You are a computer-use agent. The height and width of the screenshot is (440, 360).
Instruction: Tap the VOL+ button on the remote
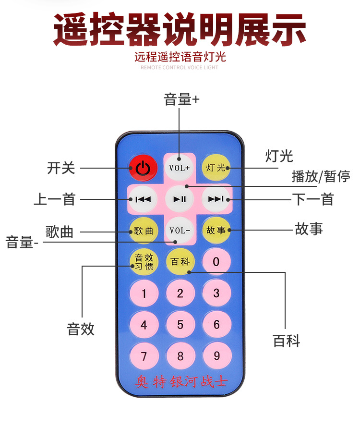[180, 167]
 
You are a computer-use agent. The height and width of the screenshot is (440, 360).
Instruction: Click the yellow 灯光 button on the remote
[216, 167]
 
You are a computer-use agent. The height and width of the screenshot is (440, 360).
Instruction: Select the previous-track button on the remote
[143, 199]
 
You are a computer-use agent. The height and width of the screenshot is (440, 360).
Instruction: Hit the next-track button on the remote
[216, 199]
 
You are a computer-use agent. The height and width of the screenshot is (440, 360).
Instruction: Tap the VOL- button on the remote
[180, 230]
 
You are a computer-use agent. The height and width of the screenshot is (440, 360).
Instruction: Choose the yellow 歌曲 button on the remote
[143, 230]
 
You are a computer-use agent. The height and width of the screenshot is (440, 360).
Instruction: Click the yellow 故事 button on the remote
[216, 230]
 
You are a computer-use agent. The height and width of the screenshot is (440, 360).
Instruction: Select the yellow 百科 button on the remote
[180, 262]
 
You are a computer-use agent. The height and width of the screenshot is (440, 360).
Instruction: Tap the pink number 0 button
[216, 262]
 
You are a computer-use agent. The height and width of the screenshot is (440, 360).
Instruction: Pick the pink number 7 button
[144, 356]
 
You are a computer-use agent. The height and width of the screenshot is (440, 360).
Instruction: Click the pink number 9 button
[216, 356]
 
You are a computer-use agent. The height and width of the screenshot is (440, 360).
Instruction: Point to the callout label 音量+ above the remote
[181, 100]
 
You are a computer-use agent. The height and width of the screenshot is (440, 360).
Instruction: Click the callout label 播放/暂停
[321, 176]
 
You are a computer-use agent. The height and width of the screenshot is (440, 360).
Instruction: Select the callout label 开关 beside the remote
[61, 168]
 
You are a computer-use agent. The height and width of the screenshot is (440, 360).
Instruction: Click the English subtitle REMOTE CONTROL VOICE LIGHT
[180, 68]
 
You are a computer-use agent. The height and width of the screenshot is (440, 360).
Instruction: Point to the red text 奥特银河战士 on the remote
[181, 383]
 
